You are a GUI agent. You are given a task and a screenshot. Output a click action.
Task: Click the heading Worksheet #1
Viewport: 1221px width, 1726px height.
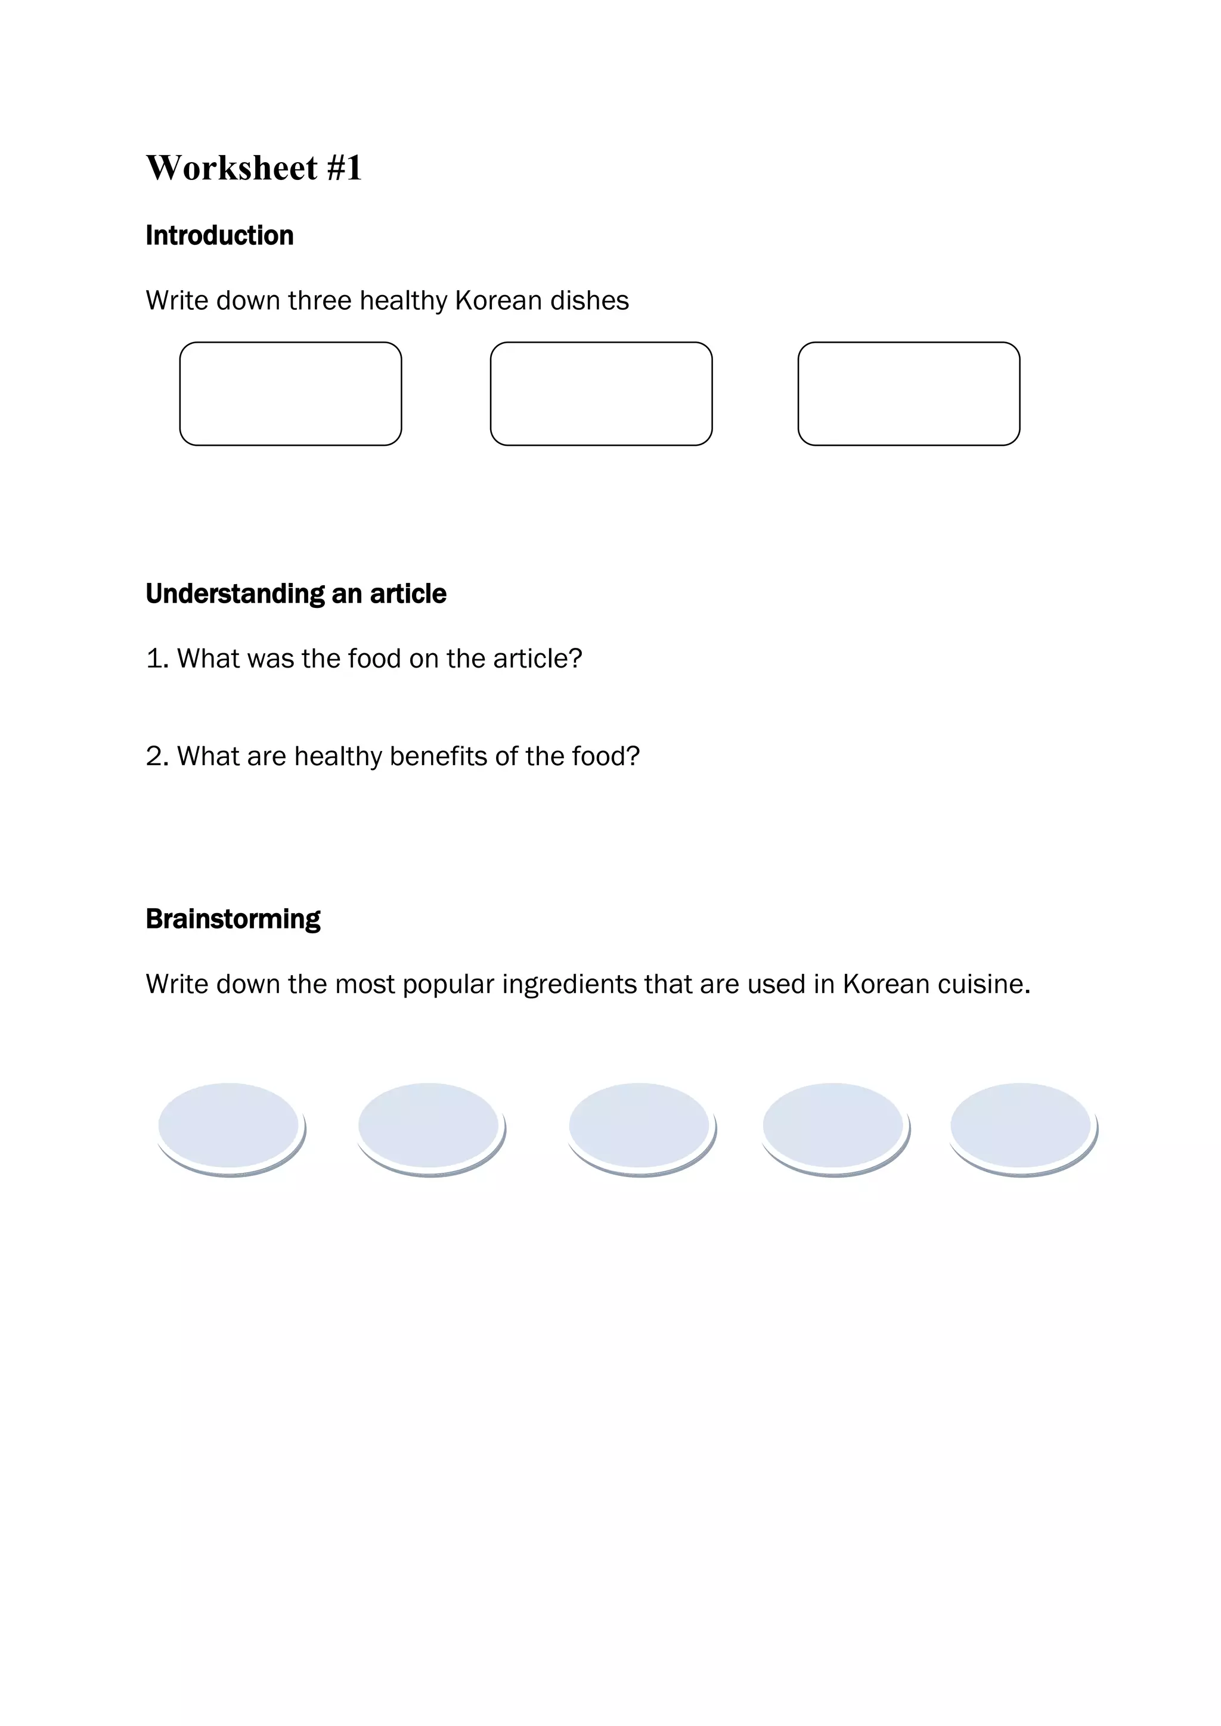coord(253,167)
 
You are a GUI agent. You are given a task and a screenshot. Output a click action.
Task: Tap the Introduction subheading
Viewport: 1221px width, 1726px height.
coord(219,235)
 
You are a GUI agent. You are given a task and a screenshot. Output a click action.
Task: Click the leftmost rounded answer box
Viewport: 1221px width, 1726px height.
coord(290,393)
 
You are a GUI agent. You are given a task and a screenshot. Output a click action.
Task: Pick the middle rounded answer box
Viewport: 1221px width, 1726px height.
coord(601,393)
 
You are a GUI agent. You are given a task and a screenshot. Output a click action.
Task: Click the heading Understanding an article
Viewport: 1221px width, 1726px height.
coord(296,594)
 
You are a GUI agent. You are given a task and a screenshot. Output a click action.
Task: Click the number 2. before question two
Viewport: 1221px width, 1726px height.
coord(157,756)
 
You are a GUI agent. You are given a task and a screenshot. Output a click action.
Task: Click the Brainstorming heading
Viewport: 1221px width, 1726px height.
coord(233,918)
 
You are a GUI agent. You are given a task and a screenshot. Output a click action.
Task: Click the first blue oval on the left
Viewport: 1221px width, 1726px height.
coord(230,1125)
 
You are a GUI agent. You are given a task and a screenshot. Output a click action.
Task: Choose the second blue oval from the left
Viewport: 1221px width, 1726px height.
coord(429,1125)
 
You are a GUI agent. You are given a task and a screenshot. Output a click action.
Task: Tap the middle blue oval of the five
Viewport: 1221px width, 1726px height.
coord(640,1125)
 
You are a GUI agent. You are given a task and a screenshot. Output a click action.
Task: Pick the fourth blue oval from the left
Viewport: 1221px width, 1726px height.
coord(834,1125)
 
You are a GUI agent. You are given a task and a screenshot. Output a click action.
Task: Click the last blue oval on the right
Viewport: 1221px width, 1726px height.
coord(1021,1125)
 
